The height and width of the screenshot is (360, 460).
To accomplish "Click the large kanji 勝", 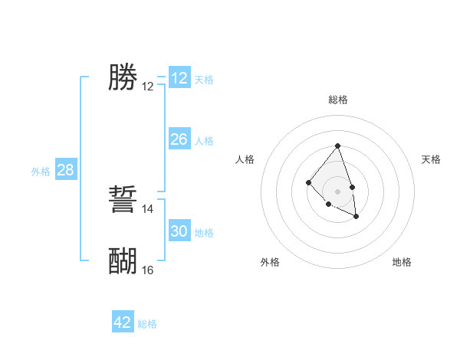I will click(x=123, y=77).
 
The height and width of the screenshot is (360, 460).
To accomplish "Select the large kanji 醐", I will click(x=123, y=261).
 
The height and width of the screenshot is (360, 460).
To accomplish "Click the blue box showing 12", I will click(x=179, y=78).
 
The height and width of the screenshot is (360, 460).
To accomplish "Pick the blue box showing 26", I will click(x=179, y=139).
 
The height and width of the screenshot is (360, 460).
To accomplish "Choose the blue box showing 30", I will click(x=179, y=231).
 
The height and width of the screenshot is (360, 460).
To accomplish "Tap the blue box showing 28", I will click(x=65, y=170).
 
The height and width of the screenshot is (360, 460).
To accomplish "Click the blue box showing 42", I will click(x=123, y=322).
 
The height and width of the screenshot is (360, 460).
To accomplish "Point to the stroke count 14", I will click(x=148, y=209).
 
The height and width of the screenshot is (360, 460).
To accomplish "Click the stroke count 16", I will click(x=148, y=270).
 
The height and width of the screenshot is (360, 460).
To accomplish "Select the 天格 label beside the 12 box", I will click(x=204, y=80).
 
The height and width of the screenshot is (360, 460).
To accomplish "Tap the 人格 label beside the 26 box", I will click(x=204, y=141).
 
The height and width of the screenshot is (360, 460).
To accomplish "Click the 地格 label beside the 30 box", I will click(x=204, y=233).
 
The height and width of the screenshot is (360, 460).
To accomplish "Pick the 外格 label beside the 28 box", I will click(x=41, y=172).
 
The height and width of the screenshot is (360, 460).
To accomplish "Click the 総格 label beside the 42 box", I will click(x=147, y=324).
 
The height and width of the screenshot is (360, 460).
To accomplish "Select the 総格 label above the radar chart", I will click(x=337, y=100).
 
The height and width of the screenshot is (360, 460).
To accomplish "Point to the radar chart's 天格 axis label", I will click(x=431, y=159).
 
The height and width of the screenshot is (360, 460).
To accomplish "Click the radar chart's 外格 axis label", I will click(x=270, y=262).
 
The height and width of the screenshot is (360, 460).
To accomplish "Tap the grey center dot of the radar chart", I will click(x=337, y=191).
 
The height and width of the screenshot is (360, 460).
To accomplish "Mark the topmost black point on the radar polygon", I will click(x=337, y=146).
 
